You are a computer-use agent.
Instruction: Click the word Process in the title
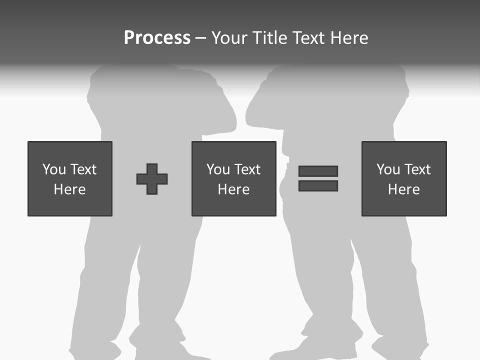(x=157, y=38)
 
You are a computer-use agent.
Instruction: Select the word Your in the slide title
(x=230, y=38)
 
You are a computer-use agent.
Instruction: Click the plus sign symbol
(x=152, y=179)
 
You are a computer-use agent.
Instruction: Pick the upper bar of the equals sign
(x=318, y=171)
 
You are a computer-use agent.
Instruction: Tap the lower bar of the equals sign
(x=318, y=185)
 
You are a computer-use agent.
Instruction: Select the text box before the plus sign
(x=70, y=178)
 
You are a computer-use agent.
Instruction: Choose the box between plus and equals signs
(x=234, y=178)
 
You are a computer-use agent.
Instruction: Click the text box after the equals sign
(x=404, y=178)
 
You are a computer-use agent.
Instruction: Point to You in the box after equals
(x=388, y=169)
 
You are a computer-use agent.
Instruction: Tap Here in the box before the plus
(x=70, y=189)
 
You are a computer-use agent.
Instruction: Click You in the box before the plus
(x=54, y=169)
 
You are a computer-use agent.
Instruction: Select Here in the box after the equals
(x=404, y=189)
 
